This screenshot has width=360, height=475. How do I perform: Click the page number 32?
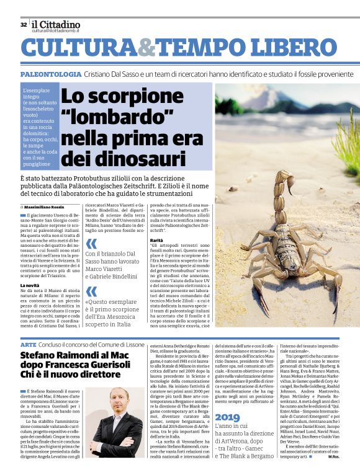[23, 25]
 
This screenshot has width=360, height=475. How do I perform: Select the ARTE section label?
[28, 344]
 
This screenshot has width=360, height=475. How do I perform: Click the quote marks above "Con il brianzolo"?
[91, 244]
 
